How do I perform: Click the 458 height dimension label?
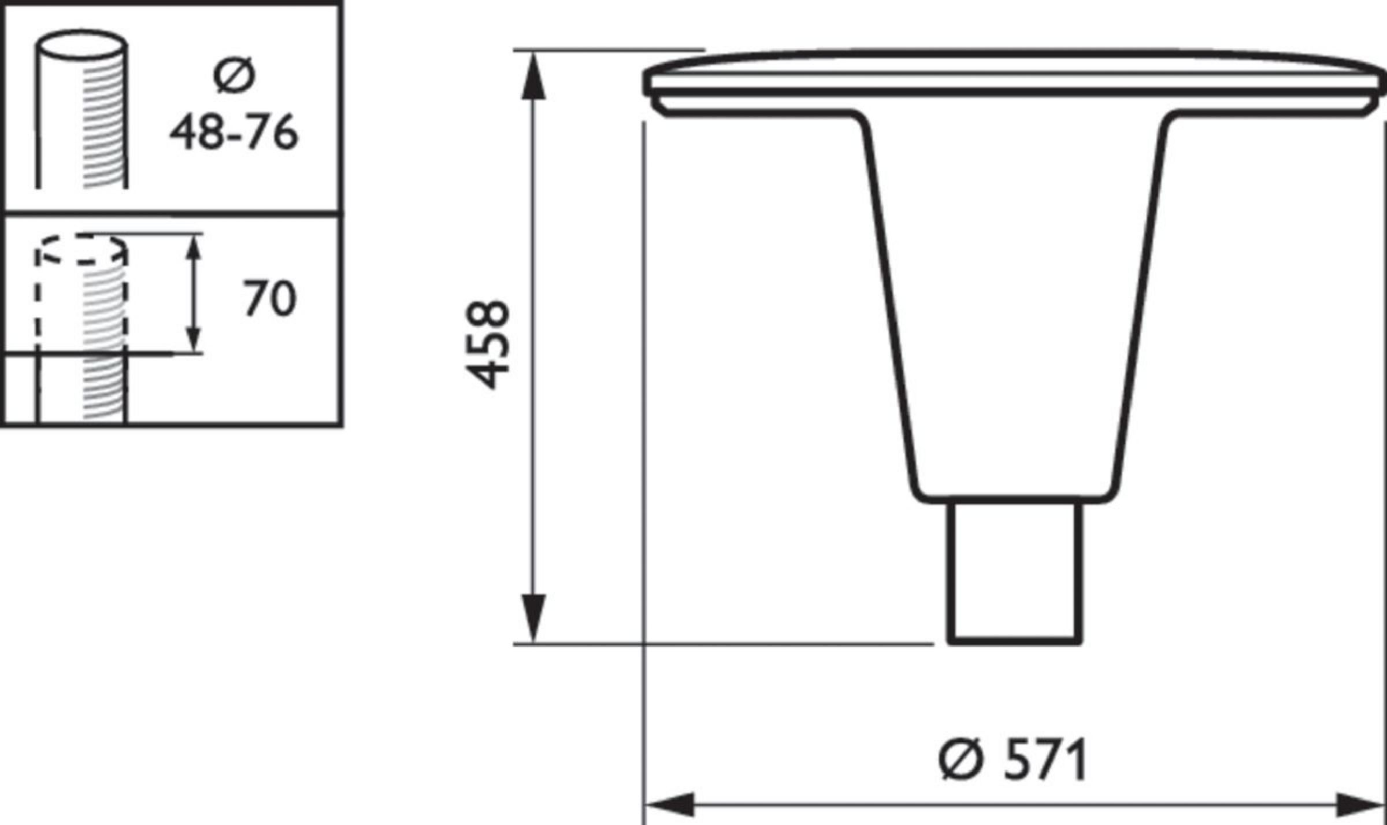(488, 345)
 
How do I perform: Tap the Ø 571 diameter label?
(1013, 760)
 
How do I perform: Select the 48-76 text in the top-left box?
(234, 132)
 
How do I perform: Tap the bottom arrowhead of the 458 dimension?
(533, 618)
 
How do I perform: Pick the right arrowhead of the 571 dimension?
(1360, 804)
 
